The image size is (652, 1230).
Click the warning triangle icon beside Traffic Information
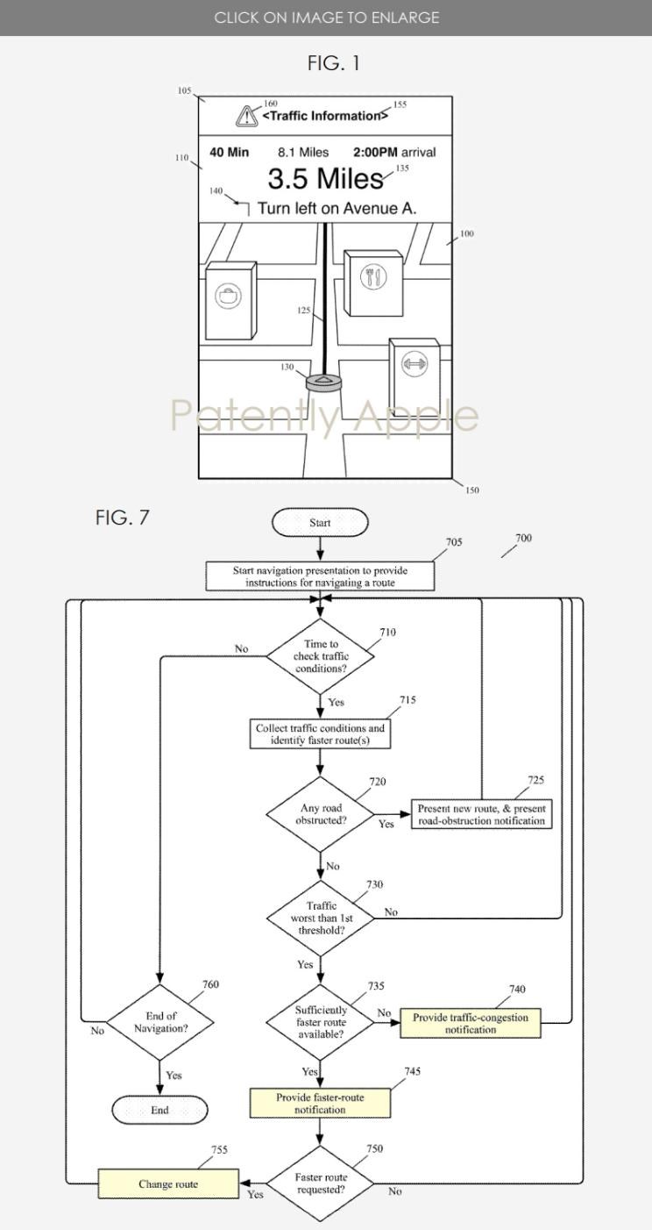pyautogui.click(x=247, y=116)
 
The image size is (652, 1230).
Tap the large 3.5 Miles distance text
pyautogui.click(x=326, y=178)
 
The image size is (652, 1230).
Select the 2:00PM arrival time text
pyautogui.click(x=394, y=152)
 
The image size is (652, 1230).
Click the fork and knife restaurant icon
pyautogui.click(x=373, y=276)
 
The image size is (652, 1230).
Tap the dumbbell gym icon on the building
pyautogui.click(x=414, y=363)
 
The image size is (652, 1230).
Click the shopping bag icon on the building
pyautogui.click(x=228, y=296)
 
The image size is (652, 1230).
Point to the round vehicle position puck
pyautogui.click(x=324, y=383)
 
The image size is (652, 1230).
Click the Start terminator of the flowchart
pyautogui.click(x=320, y=522)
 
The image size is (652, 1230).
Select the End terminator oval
pyautogui.click(x=159, y=1110)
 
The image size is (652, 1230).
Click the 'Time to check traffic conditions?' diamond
pyautogui.click(x=321, y=656)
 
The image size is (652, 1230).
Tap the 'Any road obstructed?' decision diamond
pyautogui.click(x=321, y=814)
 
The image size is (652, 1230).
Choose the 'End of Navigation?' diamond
pyautogui.click(x=160, y=1022)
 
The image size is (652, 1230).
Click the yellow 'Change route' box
pyautogui.click(x=168, y=1184)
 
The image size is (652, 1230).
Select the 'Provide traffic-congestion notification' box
pyautogui.click(x=471, y=1023)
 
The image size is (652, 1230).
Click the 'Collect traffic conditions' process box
pyautogui.click(x=320, y=734)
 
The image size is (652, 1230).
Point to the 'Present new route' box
pyautogui.click(x=481, y=814)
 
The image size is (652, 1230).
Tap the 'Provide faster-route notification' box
pyautogui.click(x=320, y=1103)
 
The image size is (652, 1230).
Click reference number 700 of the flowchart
pyautogui.click(x=524, y=538)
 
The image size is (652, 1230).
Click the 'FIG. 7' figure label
pyautogui.click(x=122, y=518)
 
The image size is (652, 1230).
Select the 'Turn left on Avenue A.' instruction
pyautogui.click(x=337, y=208)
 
